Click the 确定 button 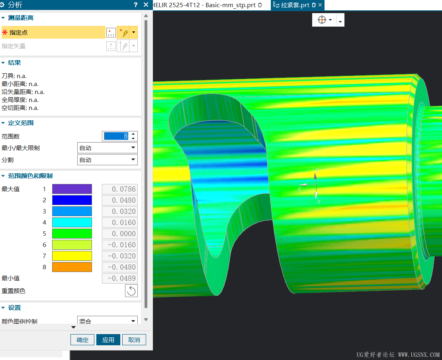click(82, 340)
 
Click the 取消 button click(134, 340)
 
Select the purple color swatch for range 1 click(72, 189)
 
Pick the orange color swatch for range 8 click(72, 267)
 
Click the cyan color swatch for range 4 click(72, 223)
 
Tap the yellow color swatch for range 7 click(72, 256)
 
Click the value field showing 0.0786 click(120, 189)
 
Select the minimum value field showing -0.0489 click(120, 278)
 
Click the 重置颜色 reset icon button click(131, 291)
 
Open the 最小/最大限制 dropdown click(108, 148)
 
